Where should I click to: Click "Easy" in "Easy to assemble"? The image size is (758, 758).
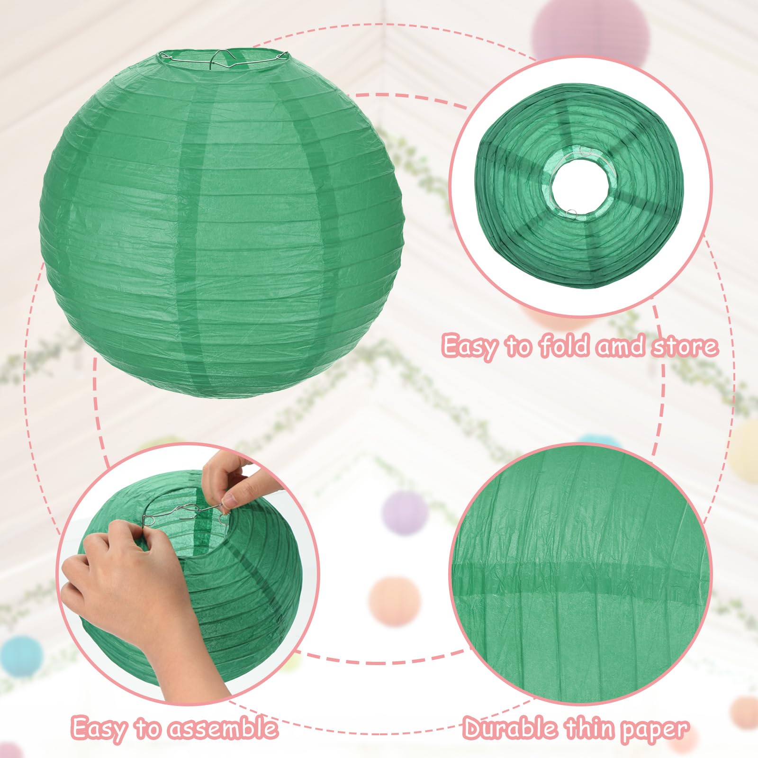point(99,729)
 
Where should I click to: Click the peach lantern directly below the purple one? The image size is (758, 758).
point(395,602)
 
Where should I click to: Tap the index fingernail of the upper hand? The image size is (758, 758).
point(230,500)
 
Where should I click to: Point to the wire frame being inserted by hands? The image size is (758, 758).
point(185,514)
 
